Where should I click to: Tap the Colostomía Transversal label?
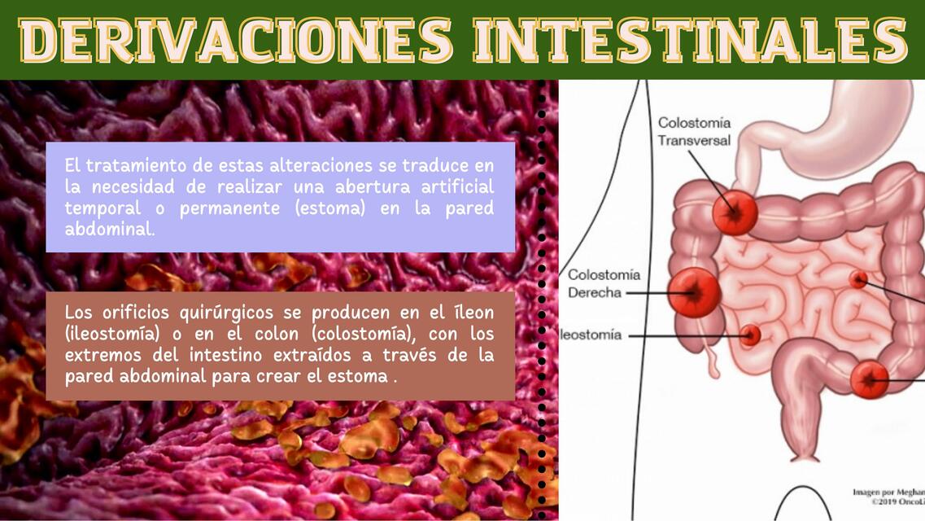[694, 132]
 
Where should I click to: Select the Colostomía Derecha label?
[604, 283]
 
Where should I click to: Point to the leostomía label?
[592, 335]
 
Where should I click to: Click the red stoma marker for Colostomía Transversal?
[735, 213]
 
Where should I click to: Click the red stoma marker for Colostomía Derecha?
[695, 291]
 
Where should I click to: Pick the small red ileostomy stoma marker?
[750, 335]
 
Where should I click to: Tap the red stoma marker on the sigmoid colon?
[870, 379]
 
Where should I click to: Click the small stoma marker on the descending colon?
[858, 279]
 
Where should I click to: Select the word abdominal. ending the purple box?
[109, 229]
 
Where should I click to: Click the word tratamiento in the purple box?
[150, 165]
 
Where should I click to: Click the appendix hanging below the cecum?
[713, 362]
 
